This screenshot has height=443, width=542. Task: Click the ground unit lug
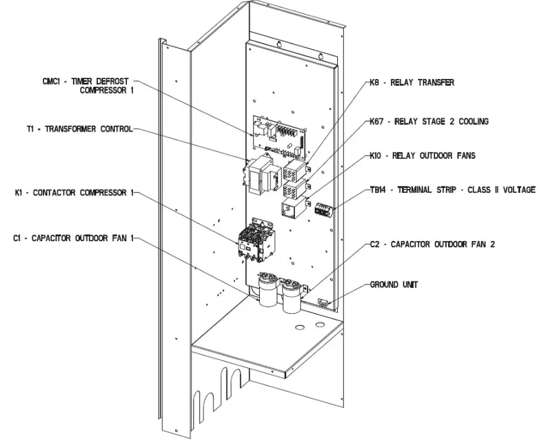coord(322,303)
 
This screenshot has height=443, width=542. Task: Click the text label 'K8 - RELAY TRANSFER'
coord(412,83)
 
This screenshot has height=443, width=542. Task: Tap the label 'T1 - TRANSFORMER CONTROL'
coord(79,129)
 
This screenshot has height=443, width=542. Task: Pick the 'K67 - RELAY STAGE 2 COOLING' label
coord(429,122)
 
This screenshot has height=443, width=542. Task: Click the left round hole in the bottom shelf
coord(300,327)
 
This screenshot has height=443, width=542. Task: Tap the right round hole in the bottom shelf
coord(320,324)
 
